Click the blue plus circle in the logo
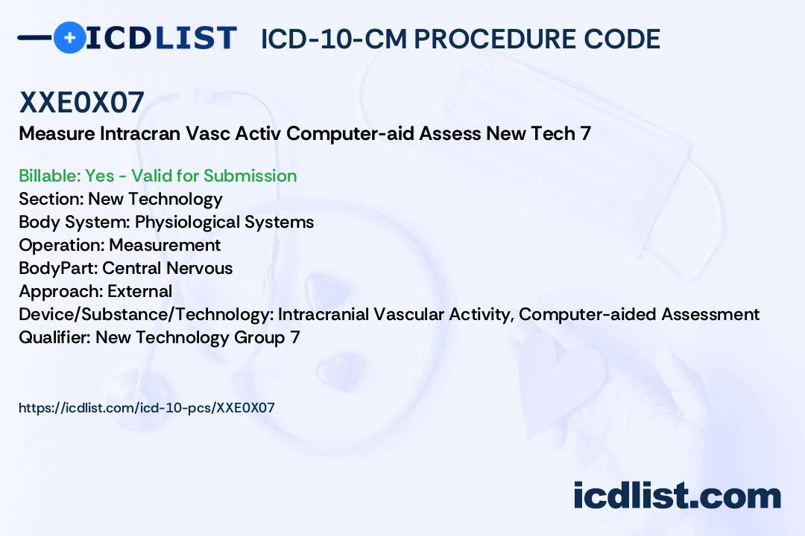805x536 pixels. click(x=69, y=37)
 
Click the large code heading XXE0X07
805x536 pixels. click(x=82, y=102)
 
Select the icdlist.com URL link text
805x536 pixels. click(x=147, y=408)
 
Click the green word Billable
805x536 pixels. click(x=49, y=176)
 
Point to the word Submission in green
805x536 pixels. click(x=250, y=176)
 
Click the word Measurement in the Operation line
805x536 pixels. click(x=165, y=245)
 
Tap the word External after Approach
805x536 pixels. click(x=139, y=291)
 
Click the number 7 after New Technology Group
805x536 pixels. click(x=295, y=337)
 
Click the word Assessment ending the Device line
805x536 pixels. click(x=710, y=314)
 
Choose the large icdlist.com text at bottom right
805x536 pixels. click(x=677, y=495)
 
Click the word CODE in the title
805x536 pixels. click(x=622, y=39)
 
